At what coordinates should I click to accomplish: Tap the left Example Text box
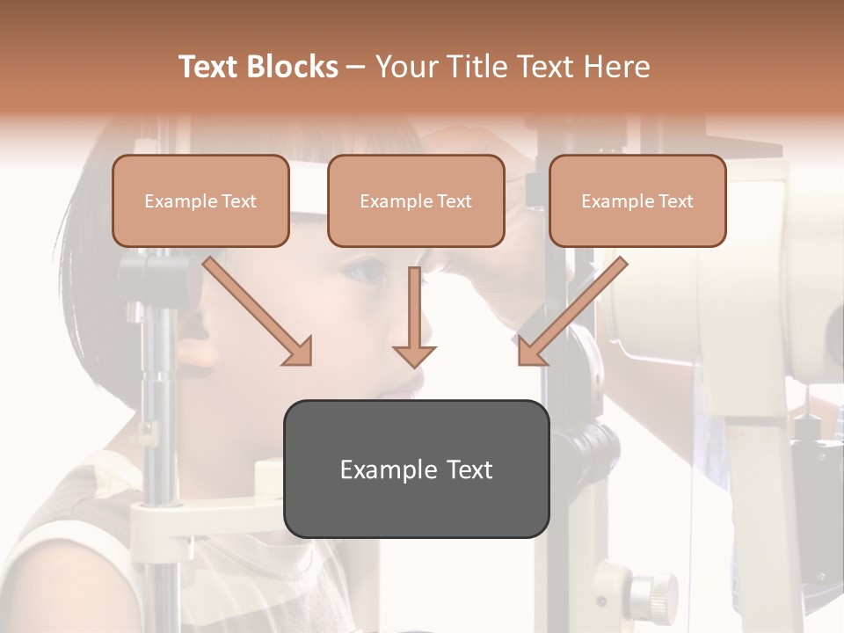tap(200, 201)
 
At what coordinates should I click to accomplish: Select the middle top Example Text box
tap(416, 201)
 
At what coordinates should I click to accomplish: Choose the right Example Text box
tap(637, 201)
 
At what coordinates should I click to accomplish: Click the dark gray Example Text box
tap(416, 469)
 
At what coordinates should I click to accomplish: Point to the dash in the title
tap(356, 67)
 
